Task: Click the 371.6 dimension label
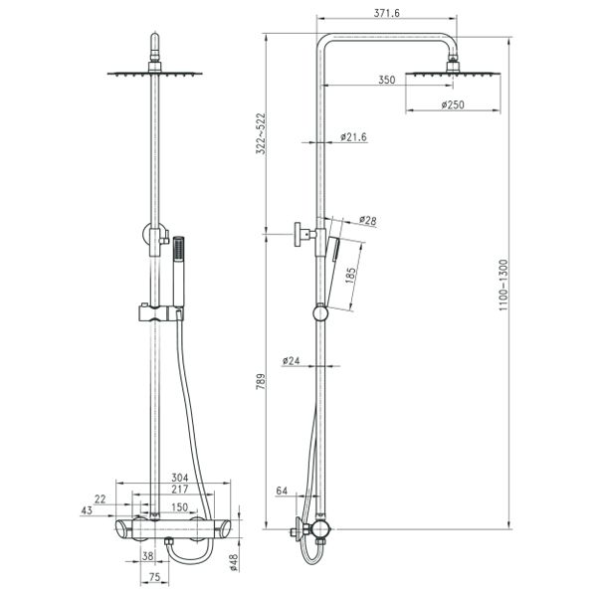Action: tap(386, 13)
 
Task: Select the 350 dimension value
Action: tap(387, 80)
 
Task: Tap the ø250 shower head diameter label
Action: tap(453, 104)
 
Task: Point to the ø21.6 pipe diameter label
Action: tap(353, 136)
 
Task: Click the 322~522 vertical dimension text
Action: tap(261, 133)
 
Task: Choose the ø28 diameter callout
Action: tap(368, 221)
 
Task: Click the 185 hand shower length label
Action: tap(350, 276)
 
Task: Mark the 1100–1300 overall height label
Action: tap(503, 285)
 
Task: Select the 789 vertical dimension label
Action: tap(261, 381)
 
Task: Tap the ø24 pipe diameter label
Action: tap(292, 360)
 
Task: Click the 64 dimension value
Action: tap(282, 491)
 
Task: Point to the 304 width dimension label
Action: tap(180, 478)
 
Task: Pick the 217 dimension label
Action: tap(180, 489)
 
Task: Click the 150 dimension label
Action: tap(180, 507)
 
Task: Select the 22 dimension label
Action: tap(99, 499)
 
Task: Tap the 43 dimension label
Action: tap(87, 510)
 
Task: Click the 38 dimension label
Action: tap(147, 556)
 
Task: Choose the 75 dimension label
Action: tap(154, 577)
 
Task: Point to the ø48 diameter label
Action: tap(234, 562)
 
